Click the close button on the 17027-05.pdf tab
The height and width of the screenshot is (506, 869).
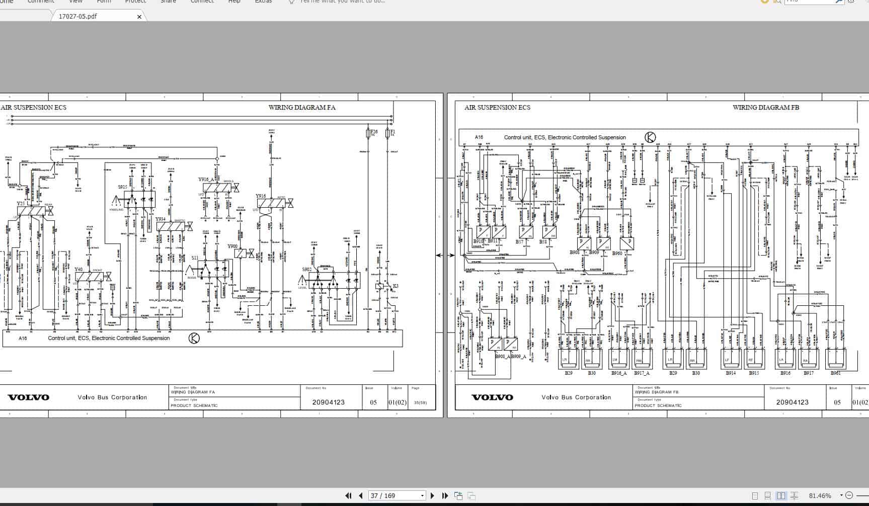point(139,17)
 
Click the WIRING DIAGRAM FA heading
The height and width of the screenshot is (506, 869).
point(301,107)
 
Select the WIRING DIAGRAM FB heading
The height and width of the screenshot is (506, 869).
point(765,107)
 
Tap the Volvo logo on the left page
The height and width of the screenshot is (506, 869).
point(29,397)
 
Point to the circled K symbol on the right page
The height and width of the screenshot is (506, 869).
point(650,137)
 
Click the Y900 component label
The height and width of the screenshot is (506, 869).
point(232,246)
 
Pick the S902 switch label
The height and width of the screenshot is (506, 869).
point(307,270)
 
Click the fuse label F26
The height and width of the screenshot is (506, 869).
point(373,132)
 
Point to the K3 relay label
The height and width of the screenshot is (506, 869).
point(396,286)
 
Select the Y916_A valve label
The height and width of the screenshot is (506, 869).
point(206,180)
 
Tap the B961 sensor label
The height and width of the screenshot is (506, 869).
point(835,373)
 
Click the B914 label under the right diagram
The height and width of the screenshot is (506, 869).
point(731,373)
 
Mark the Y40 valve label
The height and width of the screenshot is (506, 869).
point(78,270)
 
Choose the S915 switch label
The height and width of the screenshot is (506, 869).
point(123,187)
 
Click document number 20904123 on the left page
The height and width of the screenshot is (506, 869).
point(328,402)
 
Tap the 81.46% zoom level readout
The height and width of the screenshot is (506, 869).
point(820,495)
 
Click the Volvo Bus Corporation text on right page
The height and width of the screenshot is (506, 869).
point(576,397)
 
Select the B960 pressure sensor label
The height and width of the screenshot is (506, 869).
point(617,253)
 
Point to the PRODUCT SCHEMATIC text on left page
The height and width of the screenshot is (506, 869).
point(194,405)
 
